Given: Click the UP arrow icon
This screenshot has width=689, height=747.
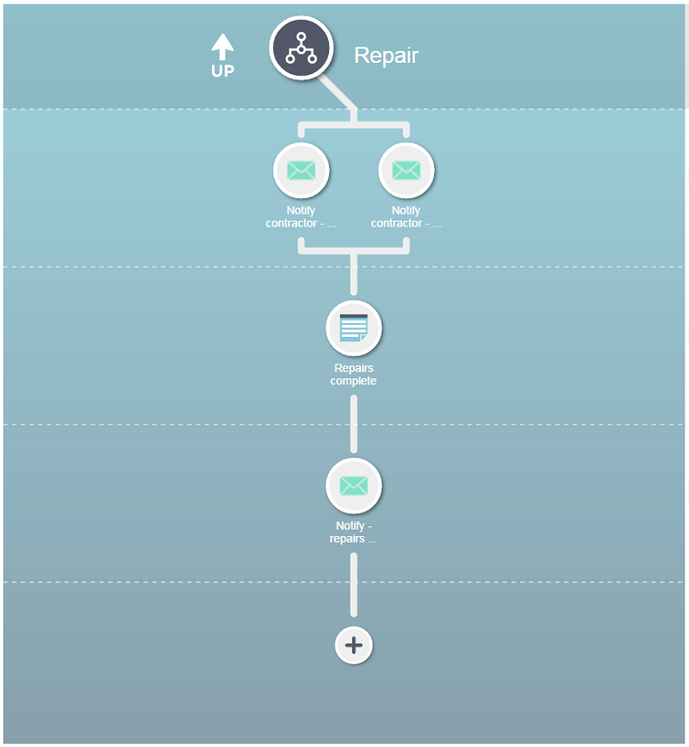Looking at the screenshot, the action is [222, 47].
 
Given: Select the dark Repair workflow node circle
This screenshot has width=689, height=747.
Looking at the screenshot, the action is [301, 47].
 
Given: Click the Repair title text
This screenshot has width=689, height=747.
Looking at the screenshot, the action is [386, 55].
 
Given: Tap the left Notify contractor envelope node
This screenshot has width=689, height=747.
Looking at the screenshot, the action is [301, 170].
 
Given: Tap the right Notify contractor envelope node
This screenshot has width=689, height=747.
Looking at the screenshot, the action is [407, 170].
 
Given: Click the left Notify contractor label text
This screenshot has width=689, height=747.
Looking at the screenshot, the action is [301, 217].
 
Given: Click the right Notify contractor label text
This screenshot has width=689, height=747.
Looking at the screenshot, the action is [407, 217].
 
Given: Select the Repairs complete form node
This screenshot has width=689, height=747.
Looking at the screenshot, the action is [354, 327].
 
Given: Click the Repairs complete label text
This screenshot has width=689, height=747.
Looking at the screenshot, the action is [354, 375].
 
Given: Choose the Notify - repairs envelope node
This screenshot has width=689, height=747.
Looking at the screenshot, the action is [354, 485].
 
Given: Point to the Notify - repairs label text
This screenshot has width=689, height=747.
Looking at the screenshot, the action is [353, 532].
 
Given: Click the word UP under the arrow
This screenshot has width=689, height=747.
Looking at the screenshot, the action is [222, 71].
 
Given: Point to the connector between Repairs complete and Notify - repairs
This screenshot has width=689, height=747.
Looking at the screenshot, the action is [354, 425].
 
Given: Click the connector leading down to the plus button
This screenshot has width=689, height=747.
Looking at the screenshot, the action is [354, 584].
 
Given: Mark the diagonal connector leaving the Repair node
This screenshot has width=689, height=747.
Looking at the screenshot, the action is [338, 92].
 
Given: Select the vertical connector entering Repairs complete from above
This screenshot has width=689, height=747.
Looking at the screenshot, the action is [354, 274].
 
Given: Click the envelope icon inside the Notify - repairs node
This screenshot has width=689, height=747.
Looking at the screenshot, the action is [354, 485].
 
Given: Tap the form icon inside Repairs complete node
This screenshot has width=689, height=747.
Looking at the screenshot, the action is [354, 327].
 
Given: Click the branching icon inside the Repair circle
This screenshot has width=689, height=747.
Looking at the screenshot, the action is [301, 48].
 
